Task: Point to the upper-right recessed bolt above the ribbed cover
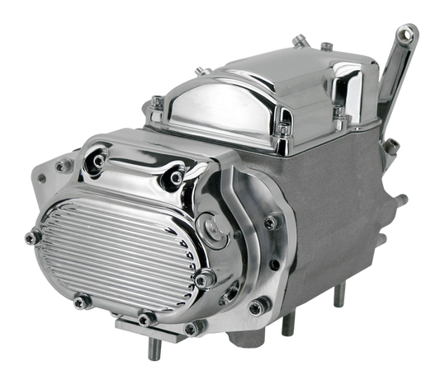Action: coord(175,176)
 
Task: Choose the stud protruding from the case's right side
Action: coord(402,199)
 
